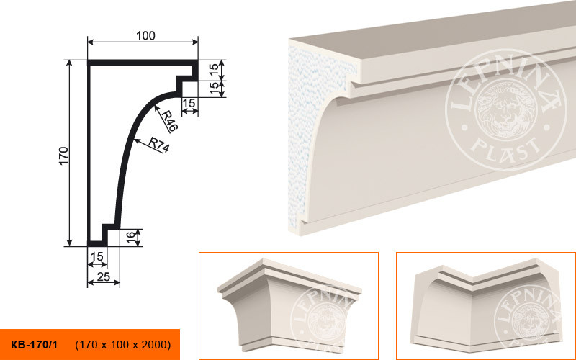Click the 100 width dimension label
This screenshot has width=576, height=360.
click(x=146, y=35)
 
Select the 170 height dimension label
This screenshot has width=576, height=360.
click(x=63, y=156)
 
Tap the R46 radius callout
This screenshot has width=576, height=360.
click(x=170, y=121)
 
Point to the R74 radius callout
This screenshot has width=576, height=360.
click(x=159, y=145)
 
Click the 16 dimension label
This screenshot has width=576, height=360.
click(x=131, y=238)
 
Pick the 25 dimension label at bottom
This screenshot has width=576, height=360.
click(x=104, y=276)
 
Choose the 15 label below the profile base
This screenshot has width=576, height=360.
click(x=97, y=256)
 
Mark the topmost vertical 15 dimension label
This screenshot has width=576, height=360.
click(x=214, y=68)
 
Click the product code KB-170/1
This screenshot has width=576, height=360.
click(x=34, y=345)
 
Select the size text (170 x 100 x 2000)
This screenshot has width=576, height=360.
click(x=123, y=345)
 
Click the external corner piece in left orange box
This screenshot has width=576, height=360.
click(x=289, y=305)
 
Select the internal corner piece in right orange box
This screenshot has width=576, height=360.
click(x=487, y=305)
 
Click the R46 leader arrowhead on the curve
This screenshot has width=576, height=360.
click(x=156, y=108)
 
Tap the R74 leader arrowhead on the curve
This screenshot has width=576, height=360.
click(x=137, y=140)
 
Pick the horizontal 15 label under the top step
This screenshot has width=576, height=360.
click(x=189, y=103)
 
